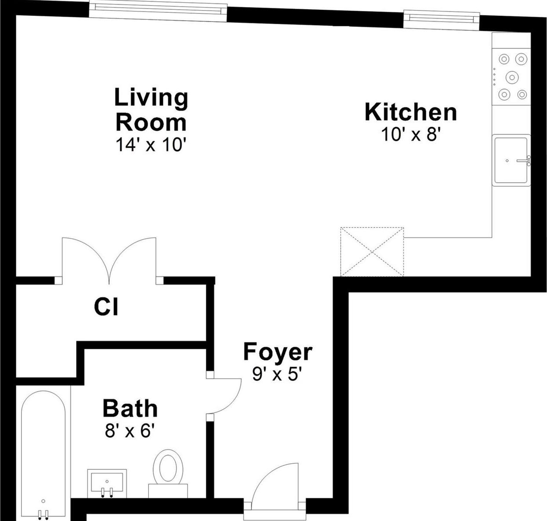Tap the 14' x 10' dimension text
click(151, 145)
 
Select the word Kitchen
click(410, 112)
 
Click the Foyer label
click(277, 352)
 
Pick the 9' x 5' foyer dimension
click(277, 374)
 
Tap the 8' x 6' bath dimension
click(129, 431)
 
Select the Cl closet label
click(106, 307)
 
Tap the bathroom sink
click(107, 484)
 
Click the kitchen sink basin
click(511, 161)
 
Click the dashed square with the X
click(372, 252)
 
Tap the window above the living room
click(158, 12)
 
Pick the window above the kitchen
click(442, 20)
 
